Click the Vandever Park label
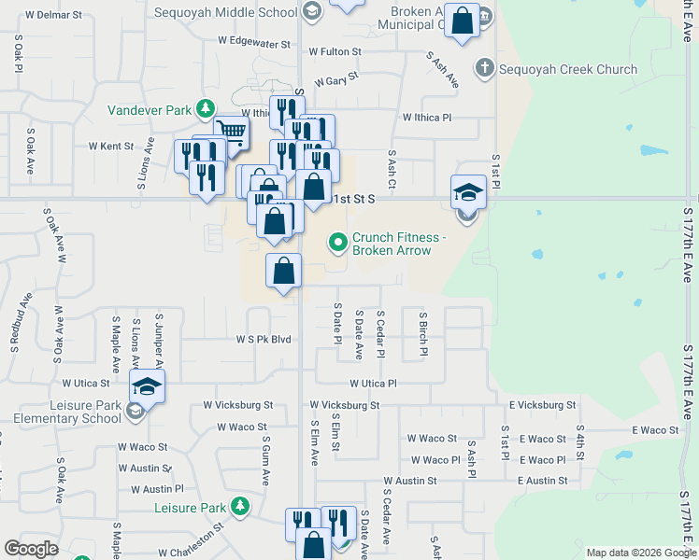click(x=149, y=110)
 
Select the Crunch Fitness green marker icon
click(x=338, y=244)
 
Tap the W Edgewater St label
click(x=255, y=43)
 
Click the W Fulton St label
click(x=335, y=51)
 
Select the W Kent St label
click(x=111, y=147)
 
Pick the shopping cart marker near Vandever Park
click(x=230, y=132)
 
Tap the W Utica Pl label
click(x=374, y=384)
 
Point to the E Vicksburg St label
click(x=543, y=405)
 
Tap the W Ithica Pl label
click(x=427, y=118)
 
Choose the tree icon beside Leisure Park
click(x=241, y=506)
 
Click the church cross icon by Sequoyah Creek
click(x=484, y=68)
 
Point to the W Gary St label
click(x=336, y=81)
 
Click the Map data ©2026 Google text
click(x=640, y=553)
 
